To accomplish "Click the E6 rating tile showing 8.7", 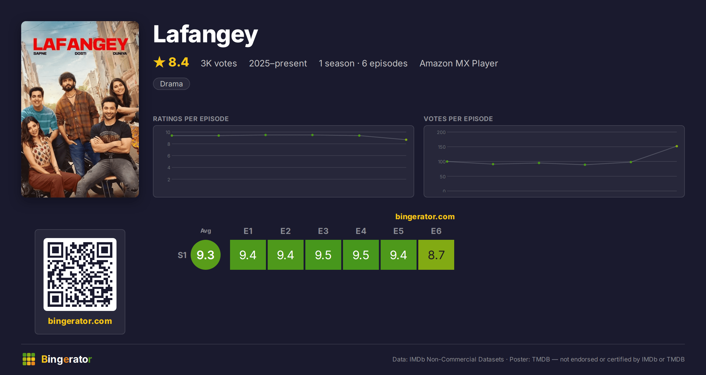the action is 436,255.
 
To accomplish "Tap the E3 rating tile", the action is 323,255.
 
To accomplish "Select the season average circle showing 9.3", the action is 206,255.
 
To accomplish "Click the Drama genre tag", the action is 171,84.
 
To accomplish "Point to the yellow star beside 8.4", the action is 159,62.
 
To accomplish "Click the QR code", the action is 80,274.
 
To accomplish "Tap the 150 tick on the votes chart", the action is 442,147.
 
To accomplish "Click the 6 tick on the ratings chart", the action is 169,156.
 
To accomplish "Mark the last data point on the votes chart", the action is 677,146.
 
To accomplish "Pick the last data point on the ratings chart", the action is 406,140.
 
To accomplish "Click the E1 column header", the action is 248,231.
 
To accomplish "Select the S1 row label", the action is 182,255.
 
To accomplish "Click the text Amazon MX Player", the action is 459,63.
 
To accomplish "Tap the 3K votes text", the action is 219,63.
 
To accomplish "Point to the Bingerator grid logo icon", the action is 29,359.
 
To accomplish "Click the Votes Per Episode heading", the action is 458,119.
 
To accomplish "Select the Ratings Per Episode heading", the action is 191,119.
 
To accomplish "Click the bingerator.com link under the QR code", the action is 80,321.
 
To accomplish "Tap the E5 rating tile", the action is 398,255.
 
